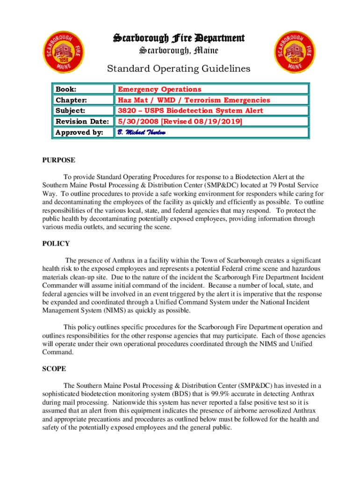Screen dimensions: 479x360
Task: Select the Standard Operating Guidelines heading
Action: pyautogui.click(x=179, y=69)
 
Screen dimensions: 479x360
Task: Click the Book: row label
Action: pyautogui.click(x=66, y=89)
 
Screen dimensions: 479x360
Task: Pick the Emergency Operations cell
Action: pyautogui.click(x=159, y=89)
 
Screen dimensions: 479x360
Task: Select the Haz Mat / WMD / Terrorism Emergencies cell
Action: pyautogui.click(x=194, y=100)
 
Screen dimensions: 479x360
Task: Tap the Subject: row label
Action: pyautogui.click(x=71, y=110)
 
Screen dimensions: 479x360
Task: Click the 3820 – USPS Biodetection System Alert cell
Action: pyautogui.click(x=190, y=110)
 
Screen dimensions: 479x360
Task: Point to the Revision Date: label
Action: pyautogui.click(x=82, y=121)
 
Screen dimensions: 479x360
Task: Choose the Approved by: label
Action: pyautogui.click(x=79, y=132)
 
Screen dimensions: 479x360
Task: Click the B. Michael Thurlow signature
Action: pyautogui.click(x=141, y=132)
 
